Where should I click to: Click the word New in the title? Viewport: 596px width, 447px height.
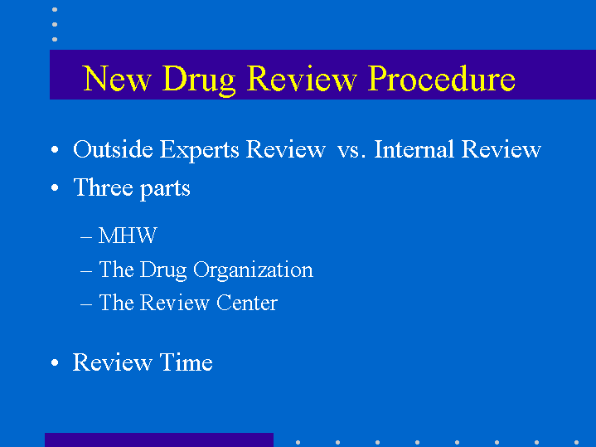tap(117, 78)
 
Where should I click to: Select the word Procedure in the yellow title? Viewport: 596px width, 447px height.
tap(442, 78)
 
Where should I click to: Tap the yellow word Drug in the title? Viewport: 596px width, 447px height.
tap(199, 80)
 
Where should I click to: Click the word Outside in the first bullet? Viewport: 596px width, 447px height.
tap(113, 148)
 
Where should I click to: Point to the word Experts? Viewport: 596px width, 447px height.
tap(199, 150)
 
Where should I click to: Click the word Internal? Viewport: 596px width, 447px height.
tap(414, 148)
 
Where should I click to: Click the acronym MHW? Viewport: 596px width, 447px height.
tap(128, 236)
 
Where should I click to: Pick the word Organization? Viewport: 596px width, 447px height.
tap(253, 271)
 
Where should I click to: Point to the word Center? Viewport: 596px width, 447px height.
tap(247, 303)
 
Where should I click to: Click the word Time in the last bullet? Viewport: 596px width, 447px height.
tap(186, 362)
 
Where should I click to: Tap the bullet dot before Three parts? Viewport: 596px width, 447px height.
tap(55, 187)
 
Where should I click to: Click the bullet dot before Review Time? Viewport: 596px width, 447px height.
tap(55, 362)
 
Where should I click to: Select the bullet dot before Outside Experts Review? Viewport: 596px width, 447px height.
tap(55, 149)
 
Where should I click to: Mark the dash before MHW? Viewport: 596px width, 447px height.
tap(86, 237)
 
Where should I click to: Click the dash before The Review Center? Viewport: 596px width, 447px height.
tap(86, 304)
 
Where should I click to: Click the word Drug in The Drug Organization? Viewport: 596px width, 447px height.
tap(163, 271)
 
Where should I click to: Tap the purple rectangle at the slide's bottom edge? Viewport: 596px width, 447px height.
tap(159, 440)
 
